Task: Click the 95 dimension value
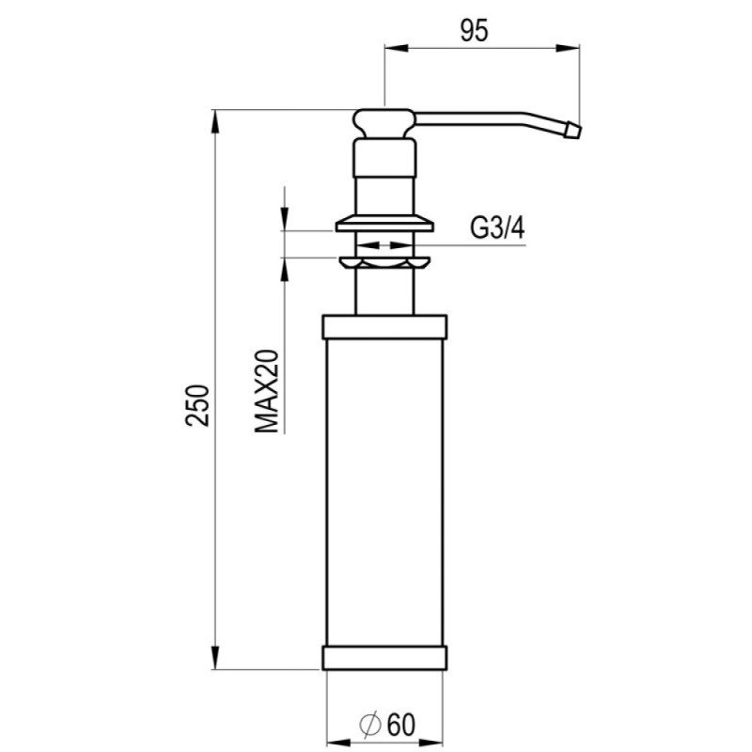point(474,31)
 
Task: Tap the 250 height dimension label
point(197,405)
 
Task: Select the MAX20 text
point(267,391)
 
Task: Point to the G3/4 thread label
point(497,227)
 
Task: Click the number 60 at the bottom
point(401,725)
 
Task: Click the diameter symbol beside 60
point(370,726)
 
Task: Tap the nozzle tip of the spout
point(573,131)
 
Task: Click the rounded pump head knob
point(384,124)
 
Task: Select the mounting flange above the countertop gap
point(384,224)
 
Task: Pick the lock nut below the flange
point(384,263)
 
